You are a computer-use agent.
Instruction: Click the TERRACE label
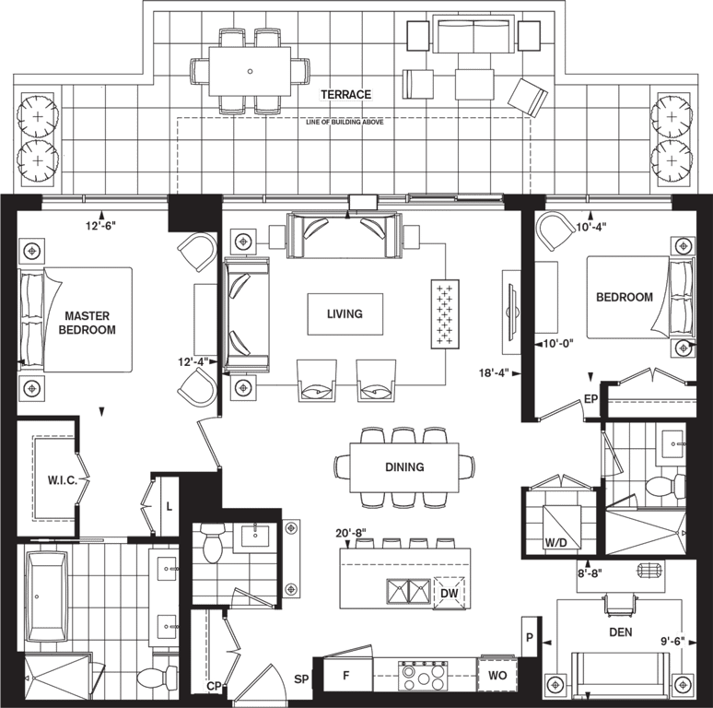point(346,94)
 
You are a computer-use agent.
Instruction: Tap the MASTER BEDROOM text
point(87,323)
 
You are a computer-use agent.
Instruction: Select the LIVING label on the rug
point(345,313)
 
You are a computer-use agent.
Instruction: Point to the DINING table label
point(404,466)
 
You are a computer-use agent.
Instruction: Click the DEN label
point(621,632)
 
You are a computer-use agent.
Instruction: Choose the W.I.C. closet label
point(63,480)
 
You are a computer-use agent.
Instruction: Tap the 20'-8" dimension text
point(351,533)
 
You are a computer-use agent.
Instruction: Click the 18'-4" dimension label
point(494,373)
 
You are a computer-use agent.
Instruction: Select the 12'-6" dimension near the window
point(101,225)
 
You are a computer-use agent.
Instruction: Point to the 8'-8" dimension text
point(590,573)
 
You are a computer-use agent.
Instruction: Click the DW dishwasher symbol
point(450,593)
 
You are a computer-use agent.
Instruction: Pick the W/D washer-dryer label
point(556,543)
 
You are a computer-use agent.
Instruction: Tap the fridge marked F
point(347,676)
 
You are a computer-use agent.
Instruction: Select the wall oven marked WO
point(497,675)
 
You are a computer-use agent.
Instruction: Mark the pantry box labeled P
point(530,637)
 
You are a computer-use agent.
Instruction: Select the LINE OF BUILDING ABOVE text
point(345,122)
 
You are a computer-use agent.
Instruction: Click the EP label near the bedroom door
point(590,399)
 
